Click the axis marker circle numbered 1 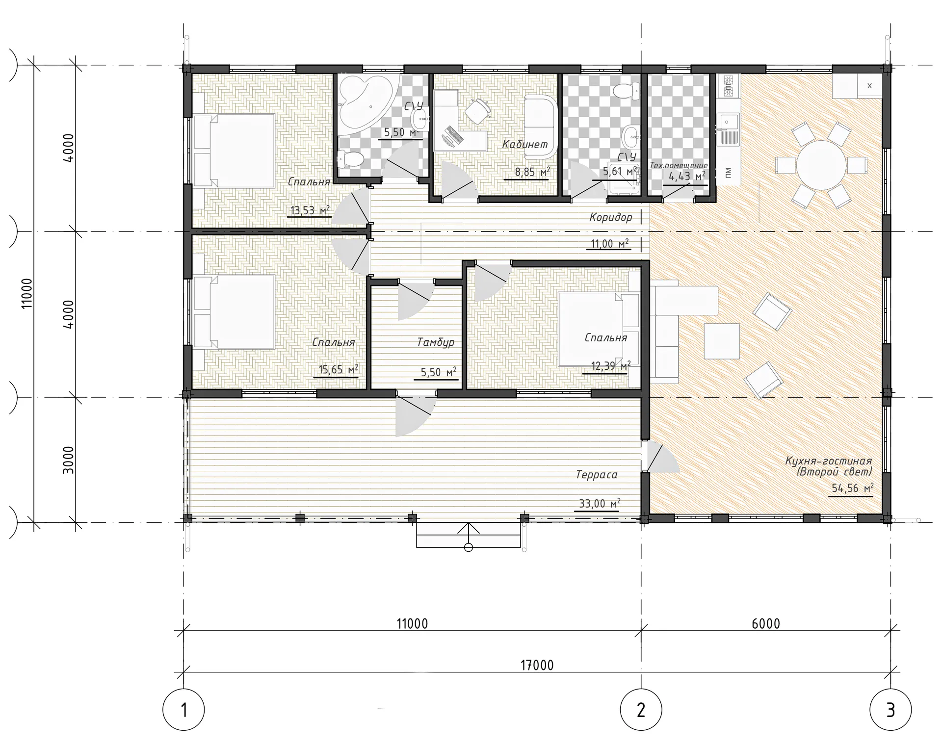coord(183,710)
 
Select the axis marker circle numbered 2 coord(641,710)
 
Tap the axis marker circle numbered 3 coord(890,710)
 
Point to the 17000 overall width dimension coord(537,665)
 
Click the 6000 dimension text coord(765,623)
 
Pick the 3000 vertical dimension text coord(69,460)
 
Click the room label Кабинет coord(524,145)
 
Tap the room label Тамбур coord(436,342)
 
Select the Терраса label coord(596,475)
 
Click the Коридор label coord(611,217)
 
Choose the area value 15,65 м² coord(338,369)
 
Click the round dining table coord(821,165)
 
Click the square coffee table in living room coord(721,341)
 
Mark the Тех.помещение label coord(679,166)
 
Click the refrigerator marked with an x coord(869,86)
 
